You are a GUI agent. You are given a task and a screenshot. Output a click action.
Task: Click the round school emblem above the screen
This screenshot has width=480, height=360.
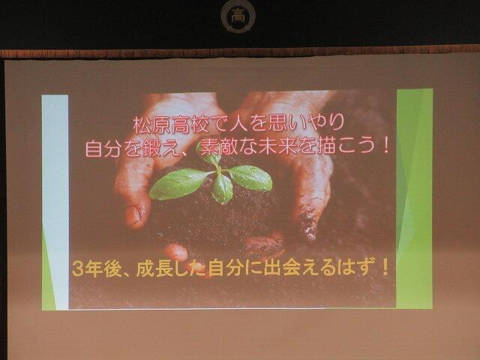click(238, 15)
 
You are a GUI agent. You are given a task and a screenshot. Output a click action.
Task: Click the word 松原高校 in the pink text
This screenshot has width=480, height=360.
click(171, 124)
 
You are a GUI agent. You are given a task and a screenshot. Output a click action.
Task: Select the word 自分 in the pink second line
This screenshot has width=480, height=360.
click(103, 148)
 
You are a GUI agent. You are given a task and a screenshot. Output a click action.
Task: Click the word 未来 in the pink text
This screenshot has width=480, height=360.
click(277, 146)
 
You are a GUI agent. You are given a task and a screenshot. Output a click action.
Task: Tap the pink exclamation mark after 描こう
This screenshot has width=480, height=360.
click(385, 145)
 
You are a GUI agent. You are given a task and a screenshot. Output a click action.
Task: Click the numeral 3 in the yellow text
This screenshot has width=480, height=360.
click(77, 269)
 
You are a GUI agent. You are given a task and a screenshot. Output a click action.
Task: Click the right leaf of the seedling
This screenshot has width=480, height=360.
click(249, 178)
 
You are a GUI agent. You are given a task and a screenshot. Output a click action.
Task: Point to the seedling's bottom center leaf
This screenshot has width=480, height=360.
click(223, 188)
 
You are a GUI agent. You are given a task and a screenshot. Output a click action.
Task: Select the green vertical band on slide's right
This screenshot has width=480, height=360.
click(415, 198)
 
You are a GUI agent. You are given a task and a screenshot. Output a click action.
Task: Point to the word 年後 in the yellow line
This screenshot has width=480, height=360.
click(103, 269)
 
